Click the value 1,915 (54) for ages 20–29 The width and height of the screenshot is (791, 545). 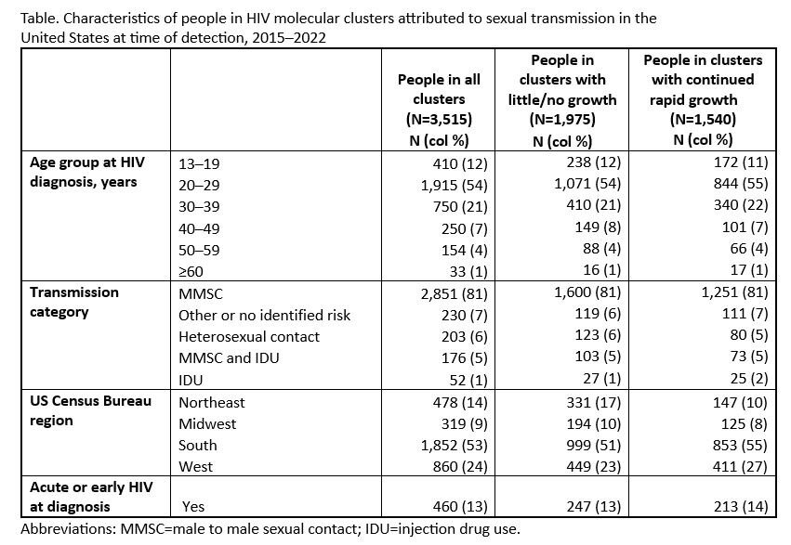pyautogui.click(x=454, y=186)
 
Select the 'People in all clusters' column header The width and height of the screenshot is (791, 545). pyautogui.click(x=439, y=110)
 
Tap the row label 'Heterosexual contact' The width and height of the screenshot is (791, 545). pyautogui.click(x=249, y=336)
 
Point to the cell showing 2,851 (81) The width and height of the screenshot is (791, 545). pyautogui.click(x=454, y=293)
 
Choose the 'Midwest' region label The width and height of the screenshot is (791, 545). pyautogui.click(x=207, y=423)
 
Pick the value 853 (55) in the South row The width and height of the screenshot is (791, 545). pyautogui.click(x=740, y=445)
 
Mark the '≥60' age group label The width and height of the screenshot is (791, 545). pyautogui.click(x=191, y=271)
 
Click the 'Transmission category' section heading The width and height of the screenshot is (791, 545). pyautogui.click(x=74, y=302)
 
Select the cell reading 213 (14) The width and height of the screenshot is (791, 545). pyautogui.click(x=741, y=506)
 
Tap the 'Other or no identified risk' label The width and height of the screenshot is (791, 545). pyautogui.click(x=264, y=316)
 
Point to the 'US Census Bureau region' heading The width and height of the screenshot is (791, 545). pyautogui.click(x=90, y=410)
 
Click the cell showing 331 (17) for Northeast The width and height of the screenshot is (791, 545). pyautogui.click(x=593, y=402)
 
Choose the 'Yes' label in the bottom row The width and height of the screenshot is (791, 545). pyautogui.click(x=193, y=506)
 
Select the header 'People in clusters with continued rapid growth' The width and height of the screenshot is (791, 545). pyautogui.click(x=703, y=99)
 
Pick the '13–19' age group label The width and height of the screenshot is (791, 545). pyautogui.click(x=199, y=163)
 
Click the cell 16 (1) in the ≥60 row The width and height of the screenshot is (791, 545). pyautogui.click(x=601, y=270)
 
